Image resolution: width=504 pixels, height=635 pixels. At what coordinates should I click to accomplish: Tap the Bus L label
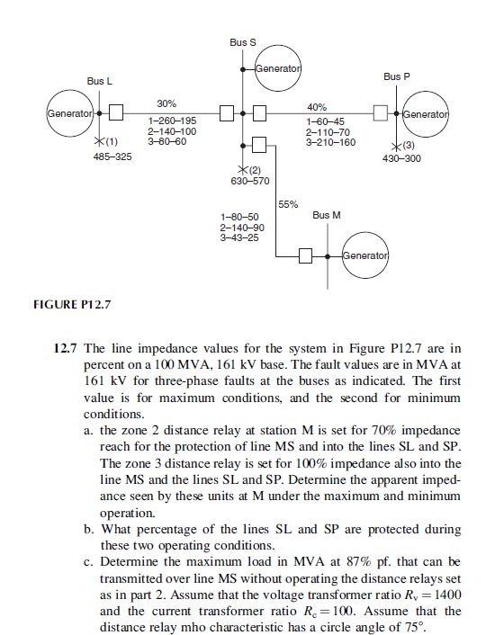point(99,82)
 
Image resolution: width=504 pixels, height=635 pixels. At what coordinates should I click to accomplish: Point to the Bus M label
point(327,216)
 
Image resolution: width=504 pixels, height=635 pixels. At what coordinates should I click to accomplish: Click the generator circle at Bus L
point(71,115)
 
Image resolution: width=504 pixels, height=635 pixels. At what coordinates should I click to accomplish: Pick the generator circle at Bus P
point(428,114)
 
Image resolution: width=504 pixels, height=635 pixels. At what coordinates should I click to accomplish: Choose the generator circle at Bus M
point(365,255)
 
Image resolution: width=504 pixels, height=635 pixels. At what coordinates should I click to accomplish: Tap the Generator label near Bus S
point(277,68)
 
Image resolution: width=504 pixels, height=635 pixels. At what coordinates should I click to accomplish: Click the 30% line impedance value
point(166,103)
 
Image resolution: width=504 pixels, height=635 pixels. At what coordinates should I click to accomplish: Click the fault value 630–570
point(250,181)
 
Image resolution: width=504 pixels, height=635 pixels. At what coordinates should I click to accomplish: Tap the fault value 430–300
point(400,158)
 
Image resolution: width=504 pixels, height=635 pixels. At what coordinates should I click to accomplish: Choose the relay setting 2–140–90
point(240,228)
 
